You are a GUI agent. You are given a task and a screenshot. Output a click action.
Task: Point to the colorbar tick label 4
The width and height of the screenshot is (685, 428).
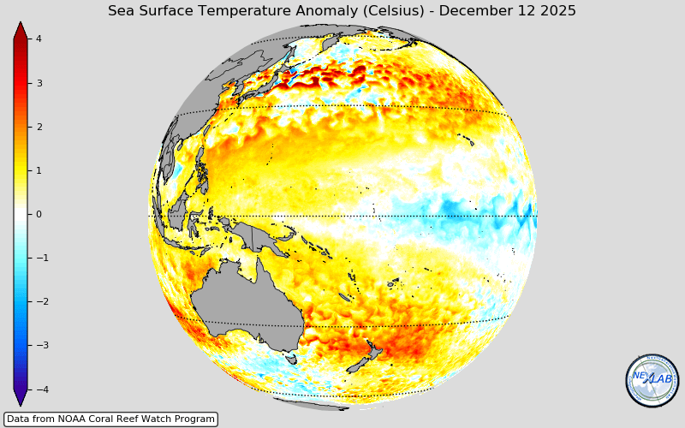(39, 39)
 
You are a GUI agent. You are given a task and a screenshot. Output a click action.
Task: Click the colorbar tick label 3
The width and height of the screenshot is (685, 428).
(39, 83)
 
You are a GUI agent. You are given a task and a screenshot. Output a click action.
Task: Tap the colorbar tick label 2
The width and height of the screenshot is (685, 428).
(39, 127)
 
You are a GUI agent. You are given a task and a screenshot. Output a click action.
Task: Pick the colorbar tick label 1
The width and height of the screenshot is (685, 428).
(39, 170)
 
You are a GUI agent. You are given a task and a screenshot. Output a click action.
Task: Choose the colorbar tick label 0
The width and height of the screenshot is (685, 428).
(39, 214)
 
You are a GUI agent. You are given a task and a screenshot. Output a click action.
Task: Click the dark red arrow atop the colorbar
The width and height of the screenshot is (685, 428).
(21, 31)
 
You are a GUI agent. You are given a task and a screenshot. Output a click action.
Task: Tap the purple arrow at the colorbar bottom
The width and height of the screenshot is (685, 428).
(21, 398)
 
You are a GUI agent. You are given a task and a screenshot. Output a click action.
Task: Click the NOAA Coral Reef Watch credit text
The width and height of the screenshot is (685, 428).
(110, 419)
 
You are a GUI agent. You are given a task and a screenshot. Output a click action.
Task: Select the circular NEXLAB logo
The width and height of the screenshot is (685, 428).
(652, 380)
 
